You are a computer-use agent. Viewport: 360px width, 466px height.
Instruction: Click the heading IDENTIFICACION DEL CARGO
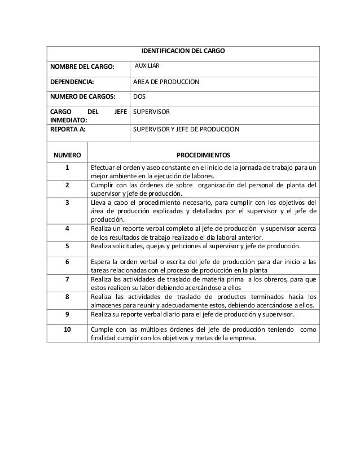pos(183,51)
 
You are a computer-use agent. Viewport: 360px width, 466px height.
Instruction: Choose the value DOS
pos(139,96)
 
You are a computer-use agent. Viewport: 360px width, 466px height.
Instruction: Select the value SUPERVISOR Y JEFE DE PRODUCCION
pos(186,129)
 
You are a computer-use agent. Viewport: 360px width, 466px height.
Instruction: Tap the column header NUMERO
pos(67,154)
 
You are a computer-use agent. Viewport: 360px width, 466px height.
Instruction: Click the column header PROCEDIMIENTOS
pos(203,154)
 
